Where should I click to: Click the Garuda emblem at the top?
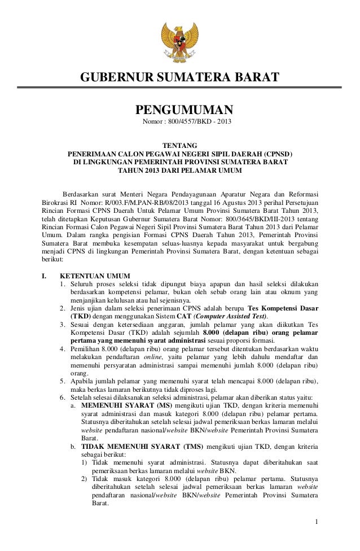point(180,35)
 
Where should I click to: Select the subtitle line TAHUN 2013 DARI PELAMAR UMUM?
point(179,170)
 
